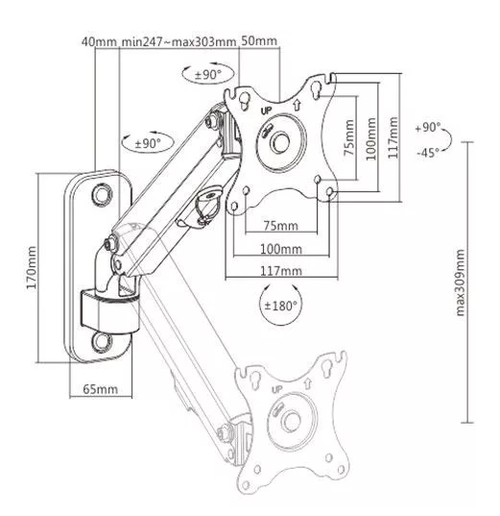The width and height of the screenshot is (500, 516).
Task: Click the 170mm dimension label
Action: pos(32,267)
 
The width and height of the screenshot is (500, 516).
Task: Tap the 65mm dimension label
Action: pos(100,389)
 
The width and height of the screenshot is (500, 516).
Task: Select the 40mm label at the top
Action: pos(99,41)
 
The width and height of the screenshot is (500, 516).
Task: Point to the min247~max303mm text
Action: pos(179,41)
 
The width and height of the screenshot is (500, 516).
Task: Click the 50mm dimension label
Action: pos(259,41)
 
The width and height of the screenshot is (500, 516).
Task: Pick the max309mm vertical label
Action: pos(461,283)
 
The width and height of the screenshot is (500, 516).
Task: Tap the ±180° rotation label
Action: pos(280,306)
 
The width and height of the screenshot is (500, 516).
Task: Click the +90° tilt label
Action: pos(428,128)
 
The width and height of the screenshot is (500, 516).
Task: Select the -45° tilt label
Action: pos(428,153)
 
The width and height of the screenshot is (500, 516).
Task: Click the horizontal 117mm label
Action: pos(281,271)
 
